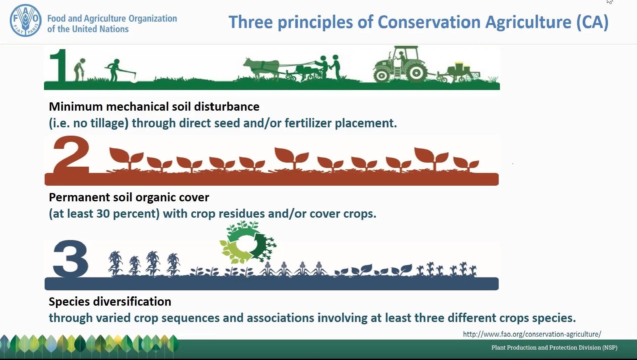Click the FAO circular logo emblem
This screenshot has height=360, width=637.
pyautogui.click(x=26, y=20)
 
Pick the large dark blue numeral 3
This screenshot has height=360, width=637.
pyautogui.click(x=70, y=259)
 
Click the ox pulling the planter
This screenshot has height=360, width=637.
pyautogui.click(x=261, y=67)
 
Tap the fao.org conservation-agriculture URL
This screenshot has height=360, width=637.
pyautogui.click(x=532, y=334)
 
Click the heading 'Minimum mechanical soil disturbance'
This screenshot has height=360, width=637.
pyautogui.click(x=154, y=107)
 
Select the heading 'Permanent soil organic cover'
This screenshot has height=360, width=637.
pyautogui.click(x=129, y=197)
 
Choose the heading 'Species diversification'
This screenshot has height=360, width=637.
pyautogui.click(x=110, y=302)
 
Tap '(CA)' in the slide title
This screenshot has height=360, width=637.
pyautogui.click(x=592, y=23)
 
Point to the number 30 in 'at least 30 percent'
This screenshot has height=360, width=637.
pyautogui.click(x=103, y=214)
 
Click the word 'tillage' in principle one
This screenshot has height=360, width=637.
pyautogui.click(x=110, y=124)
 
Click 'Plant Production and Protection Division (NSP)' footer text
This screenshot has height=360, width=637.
pyautogui.click(x=554, y=348)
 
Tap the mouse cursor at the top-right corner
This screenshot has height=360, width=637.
pyautogui.click(x=609, y=1)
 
